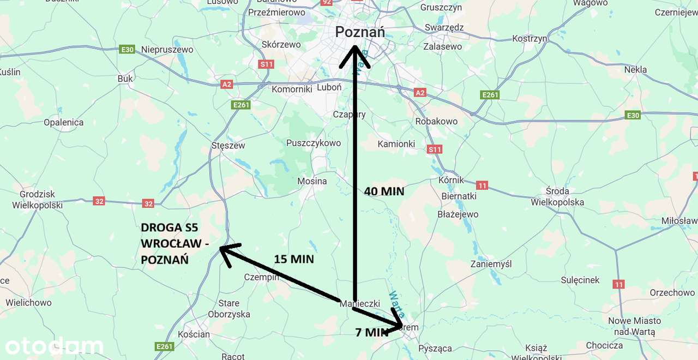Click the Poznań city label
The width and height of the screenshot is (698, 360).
click(x=360, y=32)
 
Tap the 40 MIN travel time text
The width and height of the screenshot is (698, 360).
click(x=384, y=191)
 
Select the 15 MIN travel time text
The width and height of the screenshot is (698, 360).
click(x=294, y=259)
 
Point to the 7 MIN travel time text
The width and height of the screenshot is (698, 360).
click(x=372, y=332)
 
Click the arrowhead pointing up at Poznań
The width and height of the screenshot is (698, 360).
click(x=354, y=56)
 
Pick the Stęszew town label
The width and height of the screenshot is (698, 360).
click(x=228, y=146)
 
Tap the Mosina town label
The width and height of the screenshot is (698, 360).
click(x=312, y=181)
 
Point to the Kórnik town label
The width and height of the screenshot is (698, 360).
click(x=451, y=179)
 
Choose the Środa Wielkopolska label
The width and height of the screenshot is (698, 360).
click(x=557, y=196)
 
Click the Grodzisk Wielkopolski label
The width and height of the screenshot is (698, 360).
click(x=38, y=200)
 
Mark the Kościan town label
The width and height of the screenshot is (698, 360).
click(x=193, y=334)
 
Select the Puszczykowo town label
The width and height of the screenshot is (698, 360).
click(x=314, y=143)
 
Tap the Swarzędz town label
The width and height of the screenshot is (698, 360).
click(x=444, y=27)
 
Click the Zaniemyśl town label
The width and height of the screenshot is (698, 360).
click(x=491, y=264)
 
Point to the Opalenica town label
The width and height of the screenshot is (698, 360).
click(x=64, y=122)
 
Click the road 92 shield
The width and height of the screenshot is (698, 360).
click(x=327, y=2)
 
